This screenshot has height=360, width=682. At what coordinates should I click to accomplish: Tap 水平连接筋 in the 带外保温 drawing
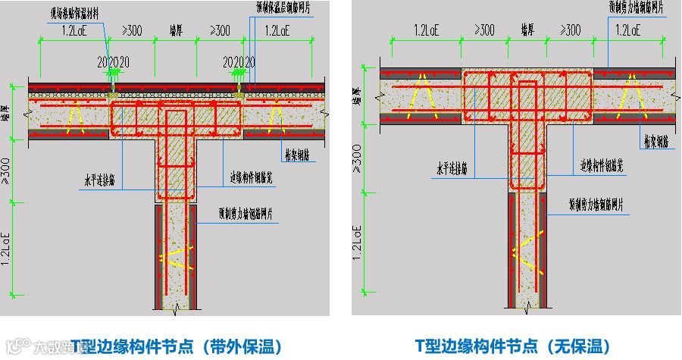[x=100, y=181]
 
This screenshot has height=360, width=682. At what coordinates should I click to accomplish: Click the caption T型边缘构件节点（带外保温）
[x=177, y=347]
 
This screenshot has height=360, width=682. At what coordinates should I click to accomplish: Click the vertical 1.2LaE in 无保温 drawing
[x=355, y=241]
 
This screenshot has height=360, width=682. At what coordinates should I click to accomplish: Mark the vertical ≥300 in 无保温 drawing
[x=355, y=159]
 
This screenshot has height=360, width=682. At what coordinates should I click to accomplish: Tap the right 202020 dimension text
[x=239, y=61]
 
